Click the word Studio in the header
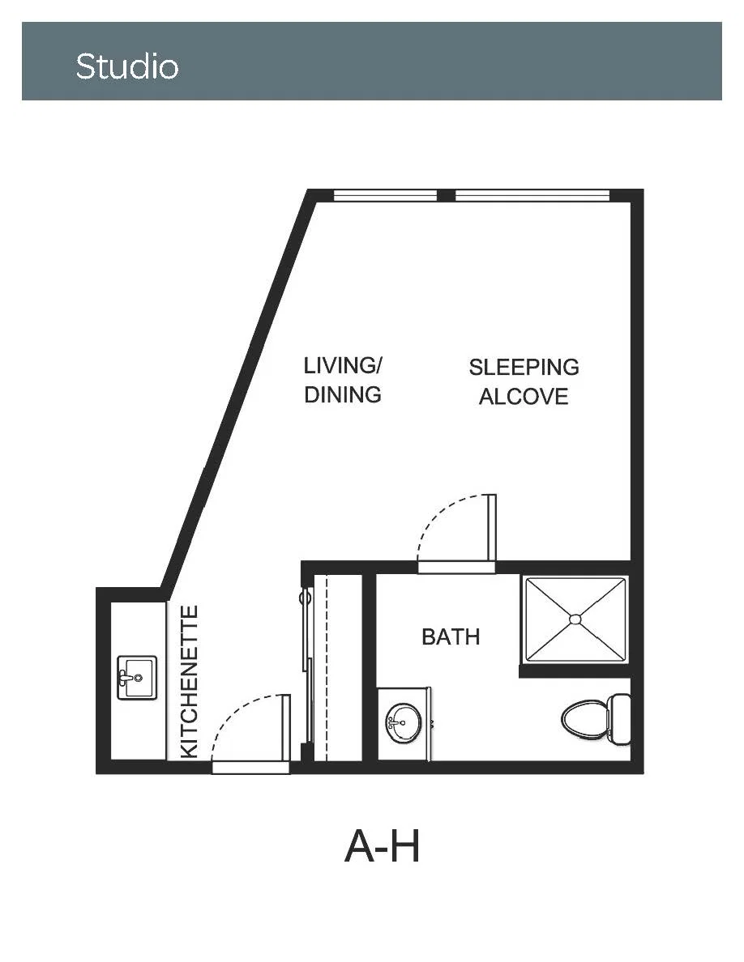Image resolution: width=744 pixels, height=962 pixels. [x=127, y=66]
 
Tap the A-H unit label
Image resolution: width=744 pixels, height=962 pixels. [x=383, y=846]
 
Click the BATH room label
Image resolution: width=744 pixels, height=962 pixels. [x=451, y=636]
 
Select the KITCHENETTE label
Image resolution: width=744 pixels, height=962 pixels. [x=190, y=681]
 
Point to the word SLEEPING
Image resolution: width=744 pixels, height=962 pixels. [x=524, y=367]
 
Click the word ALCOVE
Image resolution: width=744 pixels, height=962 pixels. [x=524, y=396]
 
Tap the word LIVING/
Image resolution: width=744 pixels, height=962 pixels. [x=343, y=365]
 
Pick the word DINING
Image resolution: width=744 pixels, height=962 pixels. [x=343, y=394]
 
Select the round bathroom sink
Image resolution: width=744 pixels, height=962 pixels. [x=404, y=722]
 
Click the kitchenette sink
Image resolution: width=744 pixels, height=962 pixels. [x=137, y=677]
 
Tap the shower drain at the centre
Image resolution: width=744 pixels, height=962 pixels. [x=575, y=619]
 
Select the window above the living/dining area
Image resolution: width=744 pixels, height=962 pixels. [x=386, y=196]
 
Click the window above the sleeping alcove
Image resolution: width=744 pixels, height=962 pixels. [x=532, y=196]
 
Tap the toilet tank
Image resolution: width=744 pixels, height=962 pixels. [x=620, y=719]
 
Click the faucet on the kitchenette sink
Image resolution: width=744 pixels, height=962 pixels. [x=125, y=678]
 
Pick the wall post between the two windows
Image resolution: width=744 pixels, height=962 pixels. [x=447, y=196]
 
